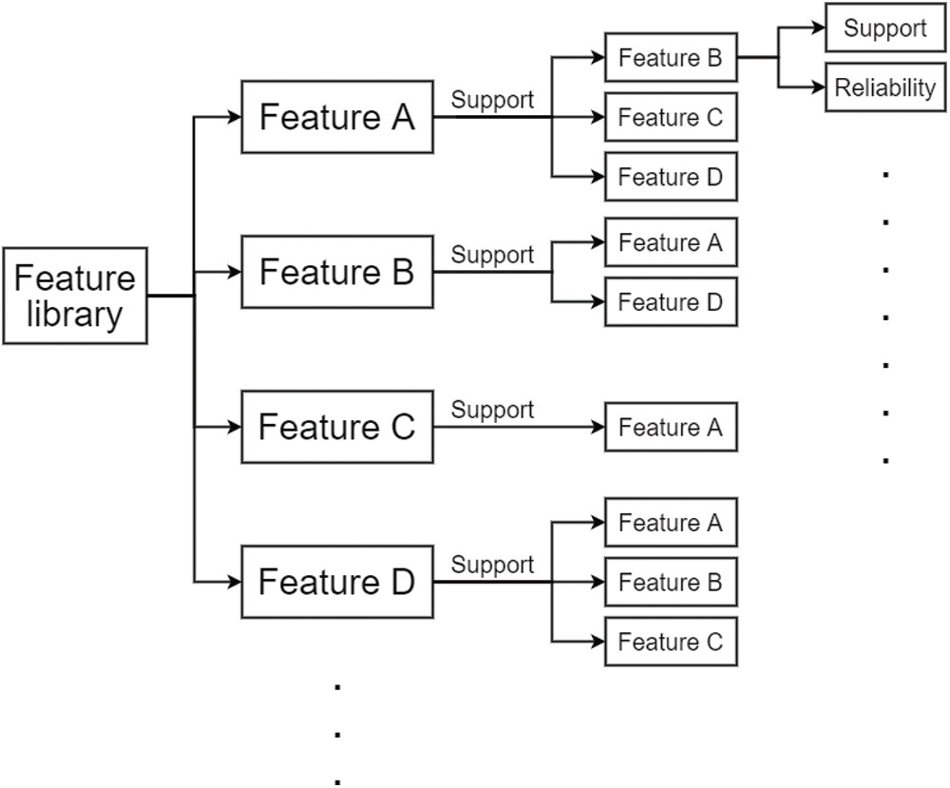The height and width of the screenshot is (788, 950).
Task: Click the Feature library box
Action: pyautogui.click(x=75, y=296)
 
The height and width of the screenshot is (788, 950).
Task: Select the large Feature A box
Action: pyautogui.click(x=337, y=117)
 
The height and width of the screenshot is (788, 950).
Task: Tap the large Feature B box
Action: pyautogui.click(x=337, y=272)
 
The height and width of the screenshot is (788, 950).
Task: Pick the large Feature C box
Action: pyautogui.click(x=337, y=428)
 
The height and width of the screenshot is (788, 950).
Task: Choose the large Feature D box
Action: pyautogui.click(x=337, y=582)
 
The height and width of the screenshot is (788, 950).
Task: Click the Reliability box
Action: pyautogui.click(x=885, y=87)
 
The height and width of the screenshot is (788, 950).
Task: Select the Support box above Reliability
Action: pyautogui.click(x=885, y=28)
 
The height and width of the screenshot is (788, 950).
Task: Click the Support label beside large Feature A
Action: pyautogui.click(x=492, y=101)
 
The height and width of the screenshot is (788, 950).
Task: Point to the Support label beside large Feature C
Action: pyautogui.click(x=492, y=411)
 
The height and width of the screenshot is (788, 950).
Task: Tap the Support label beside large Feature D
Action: pyautogui.click(x=492, y=566)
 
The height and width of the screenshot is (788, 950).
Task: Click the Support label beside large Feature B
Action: pyautogui.click(x=492, y=256)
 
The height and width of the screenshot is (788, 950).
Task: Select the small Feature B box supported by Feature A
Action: pyautogui.click(x=671, y=58)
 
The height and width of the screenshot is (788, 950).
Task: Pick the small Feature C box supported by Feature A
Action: pyautogui.click(x=671, y=117)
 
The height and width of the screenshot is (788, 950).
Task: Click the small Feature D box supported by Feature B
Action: pyautogui.click(x=671, y=302)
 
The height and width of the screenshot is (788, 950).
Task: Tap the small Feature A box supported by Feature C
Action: pyautogui.click(x=671, y=428)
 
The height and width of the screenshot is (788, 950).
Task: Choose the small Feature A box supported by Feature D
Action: pyautogui.click(x=671, y=523)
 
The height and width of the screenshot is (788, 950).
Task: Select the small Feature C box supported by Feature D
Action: pyautogui.click(x=671, y=642)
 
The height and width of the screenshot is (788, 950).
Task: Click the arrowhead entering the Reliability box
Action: pyautogui.click(x=819, y=87)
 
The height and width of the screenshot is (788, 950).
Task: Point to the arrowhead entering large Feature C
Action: pyautogui.click(x=235, y=428)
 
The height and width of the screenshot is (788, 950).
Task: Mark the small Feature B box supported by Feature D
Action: pyautogui.click(x=671, y=582)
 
